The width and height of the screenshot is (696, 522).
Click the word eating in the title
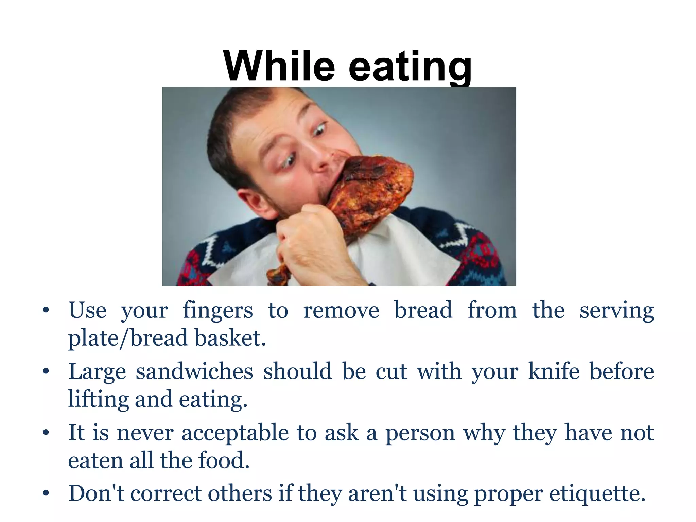(410, 67)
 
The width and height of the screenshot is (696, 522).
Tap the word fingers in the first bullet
(218, 311)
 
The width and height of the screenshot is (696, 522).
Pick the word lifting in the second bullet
(98, 400)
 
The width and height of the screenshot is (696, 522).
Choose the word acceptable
(235, 433)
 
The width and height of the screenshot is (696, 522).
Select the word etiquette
(597, 493)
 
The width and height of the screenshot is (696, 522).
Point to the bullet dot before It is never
(46, 433)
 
